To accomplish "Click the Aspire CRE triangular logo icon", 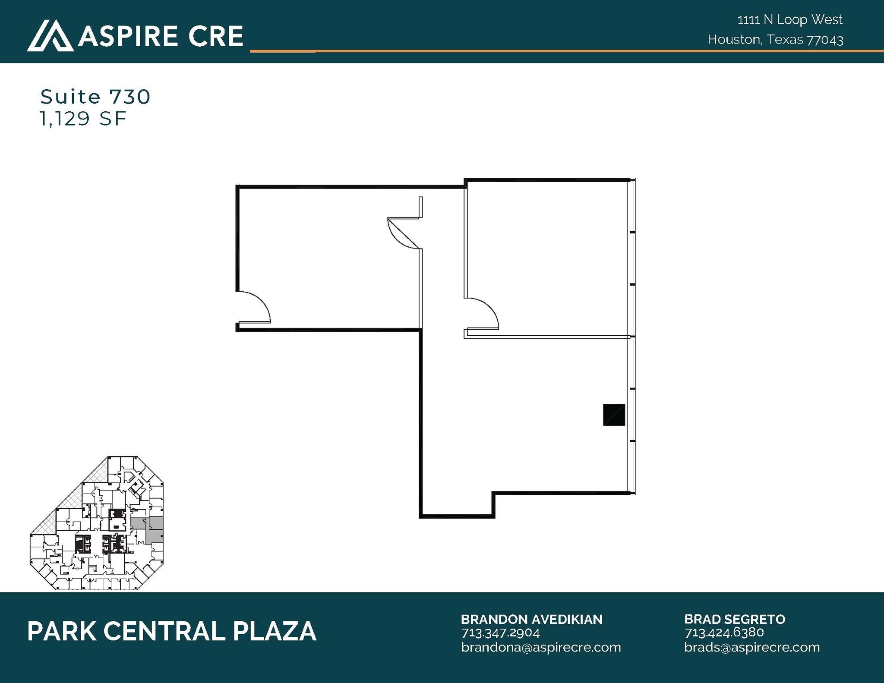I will (x=50, y=36).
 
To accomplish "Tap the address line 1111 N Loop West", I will (x=789, y=20).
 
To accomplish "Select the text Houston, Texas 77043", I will (x=775, y=40).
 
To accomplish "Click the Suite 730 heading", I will (x=95, y=97).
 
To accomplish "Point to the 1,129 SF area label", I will (x=83, y=119).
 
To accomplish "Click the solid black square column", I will (x=614, y=415).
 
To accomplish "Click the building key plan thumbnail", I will (x=97, y=523).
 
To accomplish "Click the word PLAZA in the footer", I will (x=275, y=631).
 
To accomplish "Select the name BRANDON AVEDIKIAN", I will (x=531, y=620).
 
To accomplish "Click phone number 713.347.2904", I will (x=500, y=633).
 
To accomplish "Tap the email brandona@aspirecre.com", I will (x=541, y=647).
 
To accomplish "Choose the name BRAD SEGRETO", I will (x=735, y=620).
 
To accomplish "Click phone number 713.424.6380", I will (x=724, y=633).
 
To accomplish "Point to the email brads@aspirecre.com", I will (x=752, y=647).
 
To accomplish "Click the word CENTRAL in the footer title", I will (x=164, y=631).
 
